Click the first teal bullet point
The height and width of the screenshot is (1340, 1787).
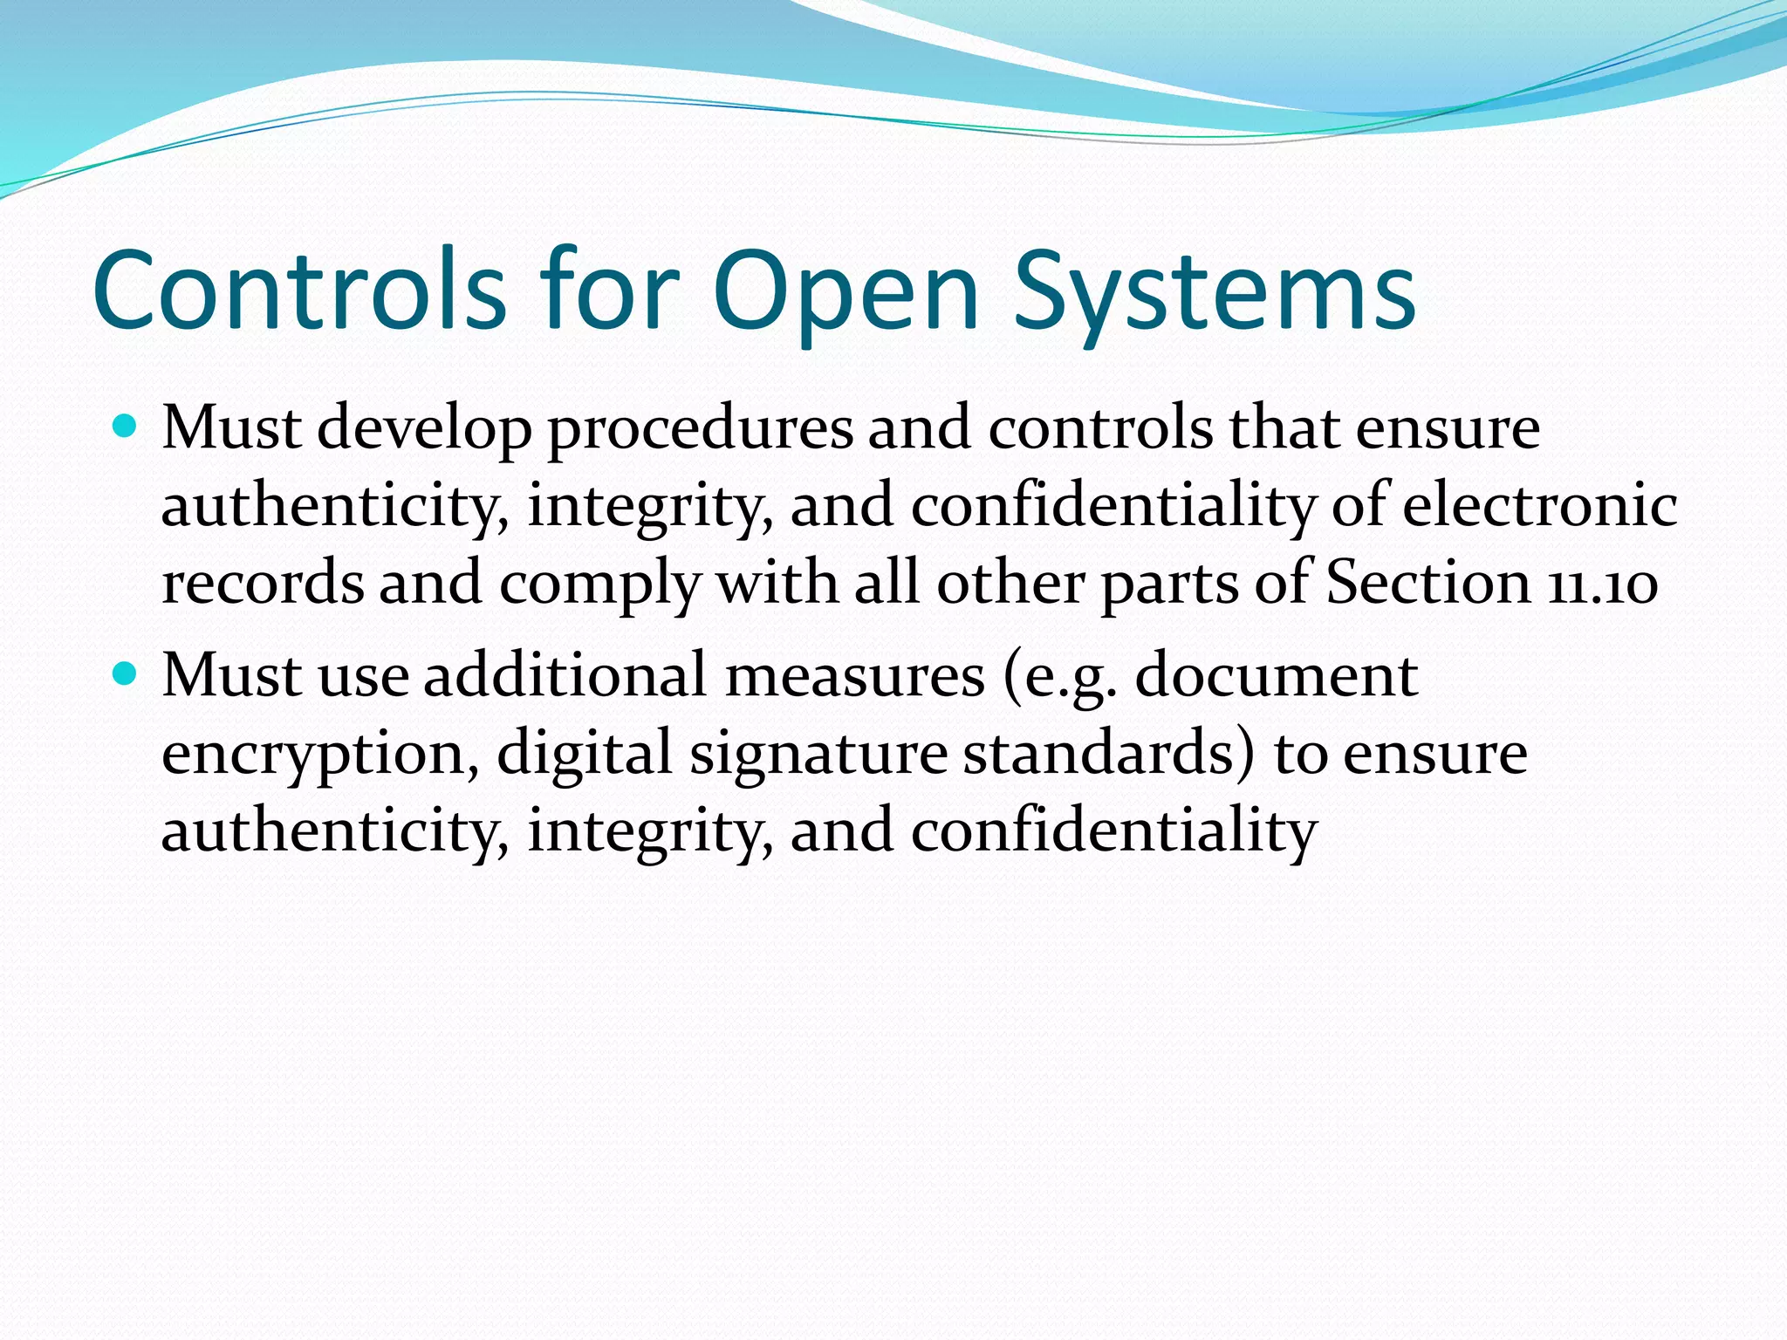click(127, 427)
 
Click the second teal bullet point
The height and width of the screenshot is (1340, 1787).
click(127, 673)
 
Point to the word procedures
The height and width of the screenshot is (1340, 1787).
click(700, 429)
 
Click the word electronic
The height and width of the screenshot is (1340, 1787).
click(1539, 505)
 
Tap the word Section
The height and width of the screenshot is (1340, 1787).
click(1428, 581)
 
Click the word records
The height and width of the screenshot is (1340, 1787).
click(263, 583)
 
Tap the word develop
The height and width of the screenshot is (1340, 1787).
click(424, 429)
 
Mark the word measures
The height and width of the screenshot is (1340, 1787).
click(854, 676)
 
